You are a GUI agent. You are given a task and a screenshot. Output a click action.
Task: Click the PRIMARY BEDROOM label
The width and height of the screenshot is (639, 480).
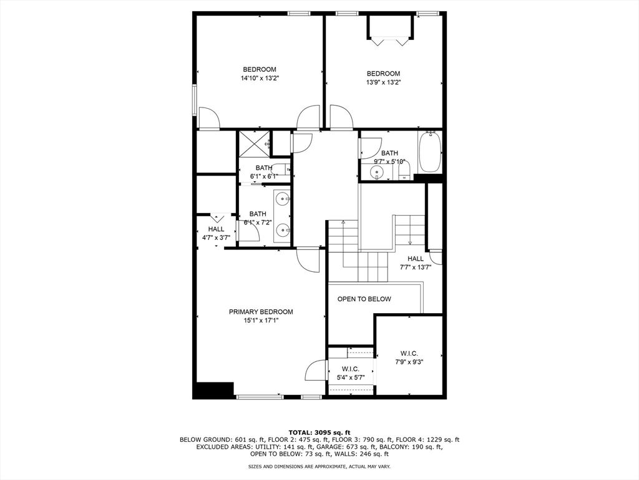tap(261, 312)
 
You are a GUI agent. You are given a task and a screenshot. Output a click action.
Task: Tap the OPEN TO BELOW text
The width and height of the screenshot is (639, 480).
tap(364, 299)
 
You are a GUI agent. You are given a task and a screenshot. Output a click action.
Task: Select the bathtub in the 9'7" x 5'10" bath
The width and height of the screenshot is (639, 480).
tap(430, 152)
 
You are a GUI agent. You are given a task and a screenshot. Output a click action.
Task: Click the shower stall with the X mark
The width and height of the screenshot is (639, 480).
tap(254, 143)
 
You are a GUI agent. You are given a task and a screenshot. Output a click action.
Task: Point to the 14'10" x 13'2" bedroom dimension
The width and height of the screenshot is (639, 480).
tap(260, 78)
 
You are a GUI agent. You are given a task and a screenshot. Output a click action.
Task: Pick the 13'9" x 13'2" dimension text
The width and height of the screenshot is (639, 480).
tap(383, 82)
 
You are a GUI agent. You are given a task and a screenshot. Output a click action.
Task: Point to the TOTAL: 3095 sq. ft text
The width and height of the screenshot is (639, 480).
tap(319, 432)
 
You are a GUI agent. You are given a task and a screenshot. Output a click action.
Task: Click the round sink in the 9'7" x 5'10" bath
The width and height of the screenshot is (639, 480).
tap(378, 173)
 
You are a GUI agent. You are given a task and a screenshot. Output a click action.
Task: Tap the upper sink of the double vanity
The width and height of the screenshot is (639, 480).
tap(283, 199)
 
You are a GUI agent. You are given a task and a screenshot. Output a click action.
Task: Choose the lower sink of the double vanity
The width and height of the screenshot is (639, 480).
tap(283, 231)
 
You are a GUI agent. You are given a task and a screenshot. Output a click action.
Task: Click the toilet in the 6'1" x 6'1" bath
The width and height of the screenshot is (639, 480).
tap(280, 169)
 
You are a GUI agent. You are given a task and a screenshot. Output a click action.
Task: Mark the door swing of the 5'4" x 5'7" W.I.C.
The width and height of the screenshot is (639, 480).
tap(316, 371)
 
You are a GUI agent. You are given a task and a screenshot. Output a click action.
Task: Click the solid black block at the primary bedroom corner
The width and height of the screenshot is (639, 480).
tap(213, 391)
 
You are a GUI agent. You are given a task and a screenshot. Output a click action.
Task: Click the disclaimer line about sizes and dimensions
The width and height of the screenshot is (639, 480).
tap(319, 466)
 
